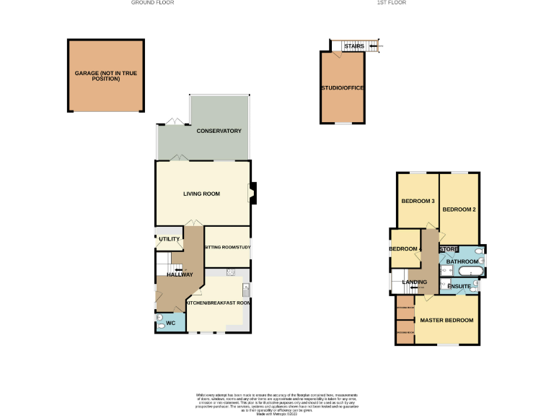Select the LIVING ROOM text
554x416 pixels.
pos(201,194)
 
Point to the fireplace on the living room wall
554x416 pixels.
pos(252,192)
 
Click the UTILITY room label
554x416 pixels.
pos(169,238)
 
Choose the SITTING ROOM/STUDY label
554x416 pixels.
pos(227,247)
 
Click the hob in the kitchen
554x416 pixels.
pos(231,272)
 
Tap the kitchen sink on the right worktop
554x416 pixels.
pos(246,290)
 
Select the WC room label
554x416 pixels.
pos(171,323)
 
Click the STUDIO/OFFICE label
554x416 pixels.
pos(342,88)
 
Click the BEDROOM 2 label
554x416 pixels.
pos(460,210)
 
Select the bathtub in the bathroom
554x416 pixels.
pos(471,272)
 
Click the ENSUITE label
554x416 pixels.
pos(459,287)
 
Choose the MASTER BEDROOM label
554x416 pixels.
pos(447,320)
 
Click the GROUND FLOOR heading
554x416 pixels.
pos(152,3)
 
